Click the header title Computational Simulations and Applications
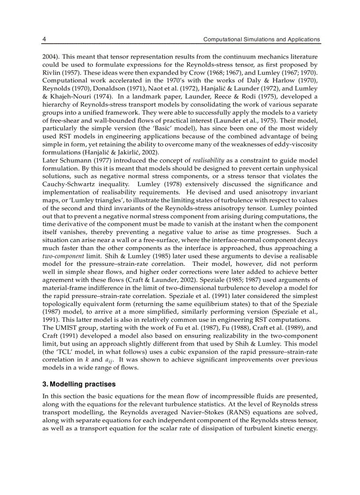coord(261,39)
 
